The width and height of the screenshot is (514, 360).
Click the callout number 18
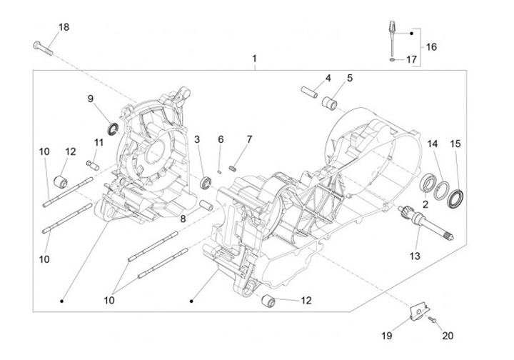64,27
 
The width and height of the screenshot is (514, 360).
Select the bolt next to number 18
44,47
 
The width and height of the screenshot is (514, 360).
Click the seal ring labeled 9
113,129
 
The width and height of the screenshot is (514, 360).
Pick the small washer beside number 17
393,61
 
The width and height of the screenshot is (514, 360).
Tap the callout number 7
250,139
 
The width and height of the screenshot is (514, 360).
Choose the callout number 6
221,139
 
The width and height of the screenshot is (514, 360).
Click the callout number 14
433,144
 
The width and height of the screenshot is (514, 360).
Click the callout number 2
425,204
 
